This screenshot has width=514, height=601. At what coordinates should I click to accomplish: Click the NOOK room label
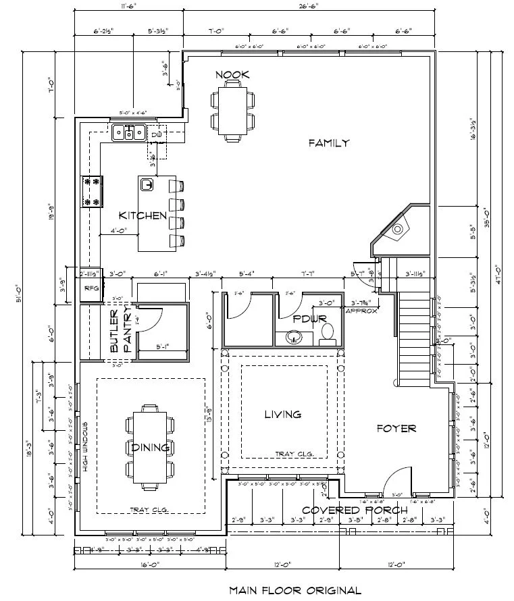point(232,74)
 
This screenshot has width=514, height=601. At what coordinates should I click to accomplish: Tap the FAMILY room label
point(329,142)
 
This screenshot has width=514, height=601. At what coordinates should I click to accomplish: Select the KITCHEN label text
point(143,215)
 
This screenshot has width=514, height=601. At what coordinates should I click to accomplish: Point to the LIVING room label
point(282,414)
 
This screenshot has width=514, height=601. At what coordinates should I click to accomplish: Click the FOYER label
point(396,428)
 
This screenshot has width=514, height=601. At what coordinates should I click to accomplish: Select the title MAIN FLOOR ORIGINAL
point(294,590)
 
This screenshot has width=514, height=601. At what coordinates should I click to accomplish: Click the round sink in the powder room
point(294,336)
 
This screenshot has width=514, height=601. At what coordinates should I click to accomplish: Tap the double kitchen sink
point(128,132)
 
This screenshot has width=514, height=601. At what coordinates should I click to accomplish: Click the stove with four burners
point(92,191)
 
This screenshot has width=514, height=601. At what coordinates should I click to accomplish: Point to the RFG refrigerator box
point(91,289)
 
